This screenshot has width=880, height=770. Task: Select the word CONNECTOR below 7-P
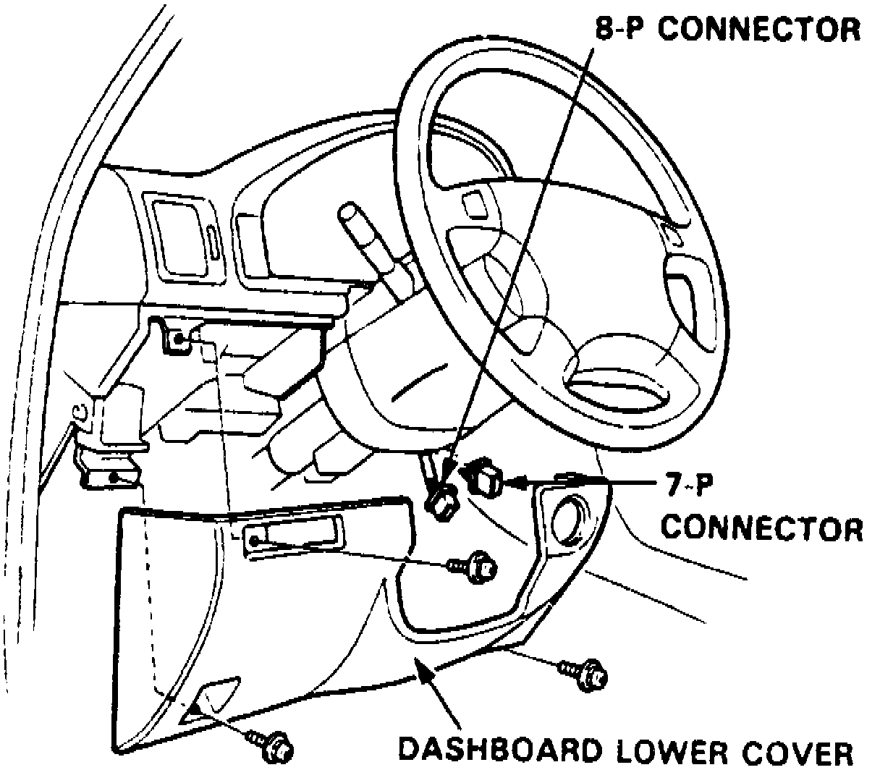click(x=763, y=528)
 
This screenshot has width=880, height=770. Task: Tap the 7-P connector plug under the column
click(x=486, y=477)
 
